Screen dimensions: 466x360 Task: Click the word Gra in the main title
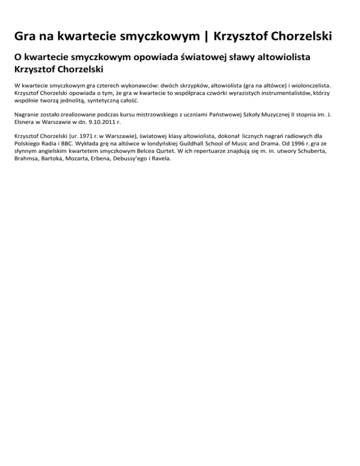[27, 36]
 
